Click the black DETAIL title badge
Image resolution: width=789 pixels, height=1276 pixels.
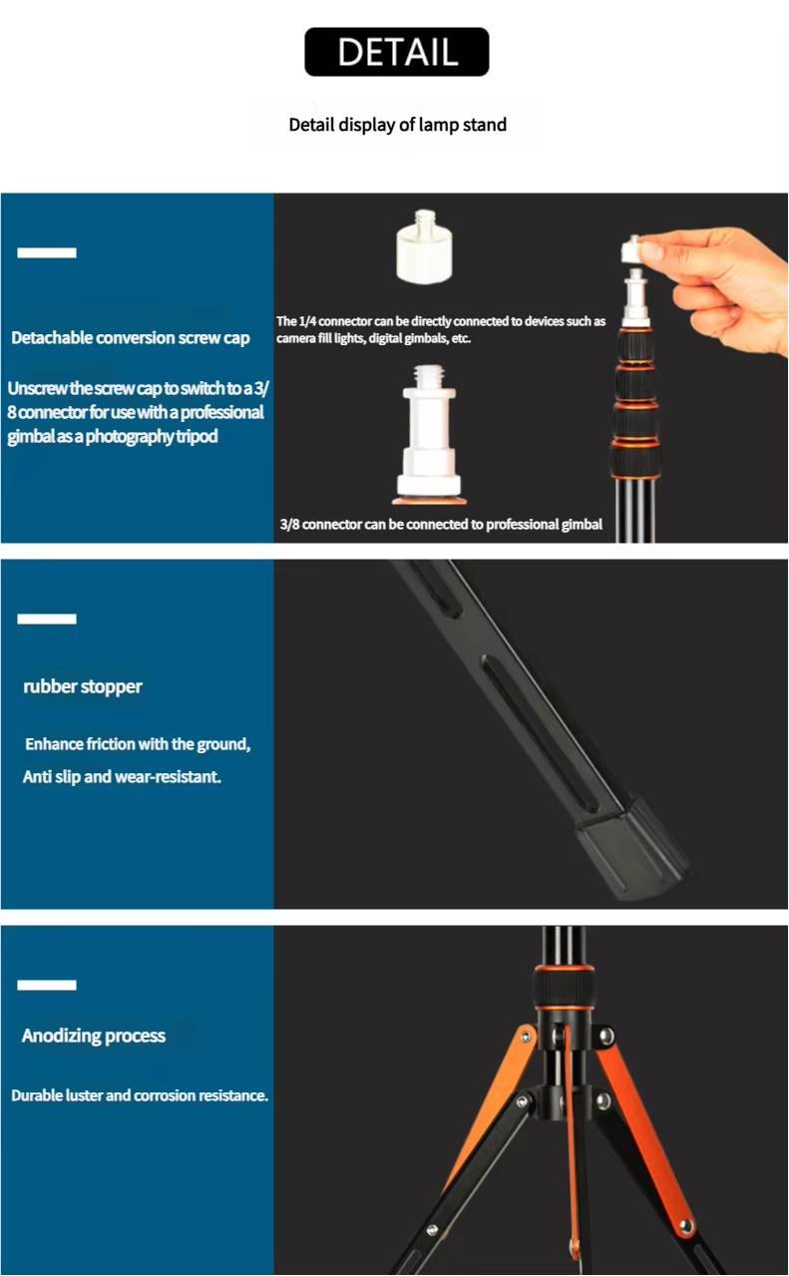(x=396, y=52)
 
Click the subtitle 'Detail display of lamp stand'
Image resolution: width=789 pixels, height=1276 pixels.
(x=398, y=125)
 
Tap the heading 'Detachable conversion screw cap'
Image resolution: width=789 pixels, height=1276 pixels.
(x=131, y=338)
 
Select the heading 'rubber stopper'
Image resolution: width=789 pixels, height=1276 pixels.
(x=83, y=687)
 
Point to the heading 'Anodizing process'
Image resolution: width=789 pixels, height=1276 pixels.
(x=94, y=1036)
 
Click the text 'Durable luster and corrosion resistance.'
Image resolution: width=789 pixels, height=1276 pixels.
(x=140, y=1095)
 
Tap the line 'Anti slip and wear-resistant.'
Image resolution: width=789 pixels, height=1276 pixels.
(x=122, y=777)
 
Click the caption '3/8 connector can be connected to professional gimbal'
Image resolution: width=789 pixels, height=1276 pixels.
(x=441, y=524)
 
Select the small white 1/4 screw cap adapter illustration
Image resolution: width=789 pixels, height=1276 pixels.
(x=424, y=246)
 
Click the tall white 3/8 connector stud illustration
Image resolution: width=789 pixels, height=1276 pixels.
(x=430, y=435)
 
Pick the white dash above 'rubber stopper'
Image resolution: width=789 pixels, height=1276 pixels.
(x=47, y=620)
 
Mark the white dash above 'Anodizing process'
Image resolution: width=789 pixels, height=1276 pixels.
(x=47, y=986)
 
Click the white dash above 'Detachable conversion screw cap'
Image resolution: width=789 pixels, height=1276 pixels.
(x=47, y=253)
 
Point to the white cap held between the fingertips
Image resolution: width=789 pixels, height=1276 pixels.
(x=634, y=249)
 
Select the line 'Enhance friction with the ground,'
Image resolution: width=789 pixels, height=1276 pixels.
(x=138, y=744)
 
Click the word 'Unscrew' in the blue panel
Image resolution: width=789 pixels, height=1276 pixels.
(x=37, y=388)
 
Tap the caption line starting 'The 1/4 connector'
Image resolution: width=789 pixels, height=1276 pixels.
(x=441, y=321)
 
